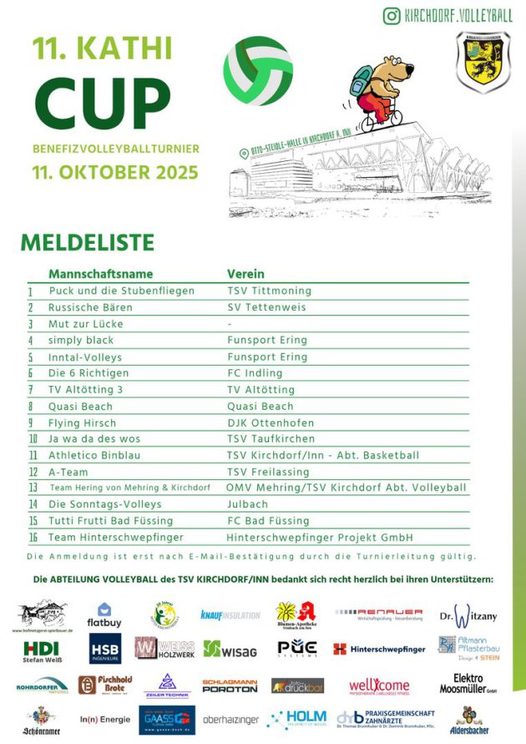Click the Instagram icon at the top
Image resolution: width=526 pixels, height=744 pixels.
(x=391, y=15)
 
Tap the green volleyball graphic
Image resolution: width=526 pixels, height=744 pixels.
(x=258, y=70)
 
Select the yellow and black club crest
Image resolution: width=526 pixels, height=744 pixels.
(x=483, y=61)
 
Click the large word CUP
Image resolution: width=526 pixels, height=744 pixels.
(x=103, y=104)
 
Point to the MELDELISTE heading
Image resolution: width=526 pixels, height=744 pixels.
(x=88, y=242)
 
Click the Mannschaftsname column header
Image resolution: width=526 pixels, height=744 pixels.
(x=100, y=274)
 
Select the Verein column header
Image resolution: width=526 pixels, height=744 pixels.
(x=245, y=274)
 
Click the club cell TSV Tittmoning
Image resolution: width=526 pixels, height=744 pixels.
(x=269, y=291)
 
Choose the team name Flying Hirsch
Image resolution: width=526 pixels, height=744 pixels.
(x=83, y=423)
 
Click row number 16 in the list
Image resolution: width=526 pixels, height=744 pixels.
(x=33, y=537)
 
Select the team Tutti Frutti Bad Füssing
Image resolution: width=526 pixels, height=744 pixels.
(x=109, y=521)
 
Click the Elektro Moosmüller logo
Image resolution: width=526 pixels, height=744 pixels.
(x=468, y=684)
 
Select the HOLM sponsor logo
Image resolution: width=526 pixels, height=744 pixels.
(x=296, y=718)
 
